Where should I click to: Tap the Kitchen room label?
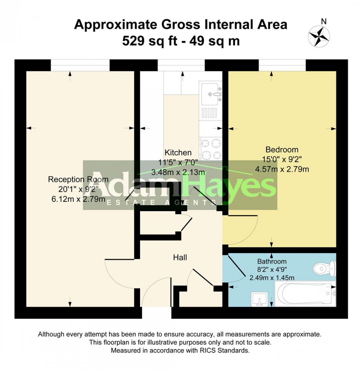point(178,152)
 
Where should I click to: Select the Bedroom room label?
point(282,150)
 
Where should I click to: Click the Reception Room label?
point(78,179)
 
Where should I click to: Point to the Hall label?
point(180,258)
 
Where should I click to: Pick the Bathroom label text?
point(271,262)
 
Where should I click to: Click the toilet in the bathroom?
point(325,268)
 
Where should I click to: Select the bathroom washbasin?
point(259,299)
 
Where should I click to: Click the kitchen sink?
point(211,93)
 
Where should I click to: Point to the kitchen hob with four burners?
point(211,149)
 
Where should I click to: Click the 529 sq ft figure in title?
point(148,41)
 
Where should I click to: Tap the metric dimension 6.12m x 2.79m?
point(78,199)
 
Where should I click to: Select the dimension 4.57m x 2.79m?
point(282,169)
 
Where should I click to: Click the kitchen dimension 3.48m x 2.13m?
point(178,171)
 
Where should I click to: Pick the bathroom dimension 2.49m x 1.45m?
point(271,277)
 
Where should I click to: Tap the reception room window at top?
point(80,65)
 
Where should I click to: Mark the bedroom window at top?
point(282,65)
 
